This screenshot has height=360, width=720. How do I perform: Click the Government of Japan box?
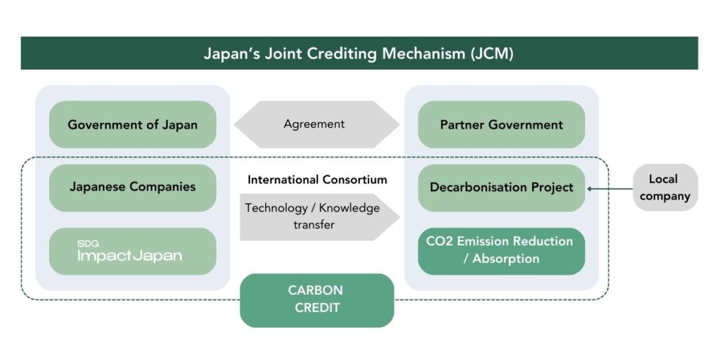click(x=132, y=124)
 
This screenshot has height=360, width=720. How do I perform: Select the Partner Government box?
click(x=501, y=124)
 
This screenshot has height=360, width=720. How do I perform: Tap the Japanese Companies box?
click(x=132, y=187)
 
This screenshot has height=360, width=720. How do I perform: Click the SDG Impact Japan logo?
click(x=130, y=251)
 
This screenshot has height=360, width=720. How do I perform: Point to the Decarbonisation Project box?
click(x=501, y=187)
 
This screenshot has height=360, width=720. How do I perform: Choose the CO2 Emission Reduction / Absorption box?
click(x=501, y=250)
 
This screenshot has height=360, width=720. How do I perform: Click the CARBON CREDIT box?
click(x=316, y=300)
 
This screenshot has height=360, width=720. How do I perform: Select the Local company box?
click(x=664, y=188)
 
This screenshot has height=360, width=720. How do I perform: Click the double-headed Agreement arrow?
click(x=316, y=124)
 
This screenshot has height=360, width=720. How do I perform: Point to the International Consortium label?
click(x=317, y=179)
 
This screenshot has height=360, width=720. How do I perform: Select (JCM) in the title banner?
click(x=493, y=53)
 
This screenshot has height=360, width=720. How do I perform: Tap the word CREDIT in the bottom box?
click(x=316, y=308)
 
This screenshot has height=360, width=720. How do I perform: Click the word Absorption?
click(x=506, y=259)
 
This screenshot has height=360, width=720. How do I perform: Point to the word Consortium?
click(x=350, y=179)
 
